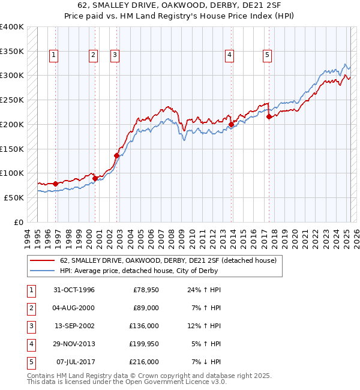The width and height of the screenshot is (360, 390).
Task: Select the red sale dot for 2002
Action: (x=116, y=155)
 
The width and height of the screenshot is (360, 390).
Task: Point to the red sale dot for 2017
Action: (x=269, y=117)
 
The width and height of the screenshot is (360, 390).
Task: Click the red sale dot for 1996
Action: (x=55, y=184)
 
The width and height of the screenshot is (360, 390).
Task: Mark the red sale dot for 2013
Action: (x=231, y=125)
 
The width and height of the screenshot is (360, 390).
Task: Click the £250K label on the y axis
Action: (x=12, y=100)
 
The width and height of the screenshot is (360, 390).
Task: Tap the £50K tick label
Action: (x=14, y=197)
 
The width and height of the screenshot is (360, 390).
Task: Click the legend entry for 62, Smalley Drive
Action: (x=167, y=260)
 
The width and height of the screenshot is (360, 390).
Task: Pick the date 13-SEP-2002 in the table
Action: (x=74, y=326)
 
